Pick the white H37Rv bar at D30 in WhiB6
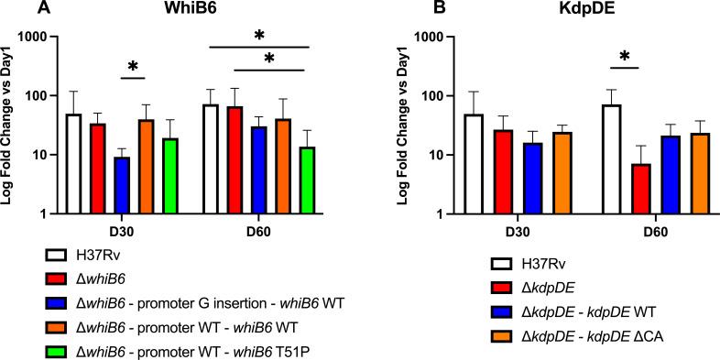tap(73, 164)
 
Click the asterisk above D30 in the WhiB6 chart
tap(133, 68)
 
